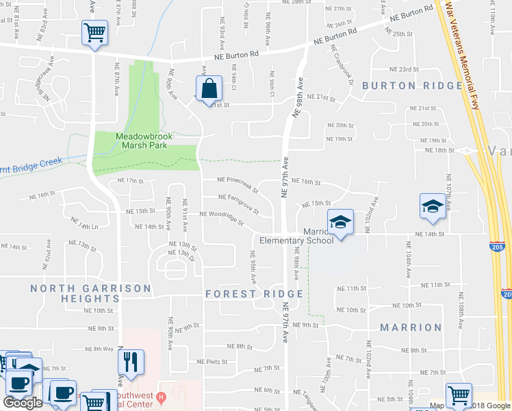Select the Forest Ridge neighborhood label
(x=254, y=294)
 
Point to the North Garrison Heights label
(x=75, y=293)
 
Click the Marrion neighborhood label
(x=411, y=327)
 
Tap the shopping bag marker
(x=209, y=89)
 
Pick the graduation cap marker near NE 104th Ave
(x=433, y=206)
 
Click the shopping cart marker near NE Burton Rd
(x=94, y=32)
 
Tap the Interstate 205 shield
(x=498, y=245)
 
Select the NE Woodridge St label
(x=221, y=214)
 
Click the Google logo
(x=23, y=403)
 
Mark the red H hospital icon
(x=161, y=397)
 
